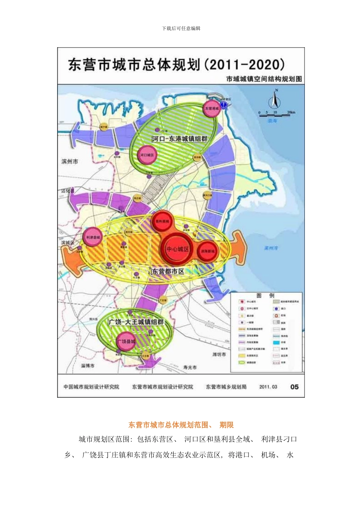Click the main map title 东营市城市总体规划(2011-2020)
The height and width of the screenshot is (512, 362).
(176, 64)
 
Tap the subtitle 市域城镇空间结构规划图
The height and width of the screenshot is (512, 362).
(264, 79)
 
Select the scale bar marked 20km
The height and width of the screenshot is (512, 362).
(277, 113)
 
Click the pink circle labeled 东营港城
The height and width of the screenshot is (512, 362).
(211, 109)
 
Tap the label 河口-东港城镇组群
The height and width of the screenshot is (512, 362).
(179, 139)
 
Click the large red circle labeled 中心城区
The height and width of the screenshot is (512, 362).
(177, 249)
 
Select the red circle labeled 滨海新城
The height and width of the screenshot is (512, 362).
(208, 251)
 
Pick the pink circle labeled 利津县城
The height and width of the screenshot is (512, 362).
(93, 237)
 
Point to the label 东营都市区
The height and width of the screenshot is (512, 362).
(168, 271)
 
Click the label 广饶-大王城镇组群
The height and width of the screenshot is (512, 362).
(136, 322)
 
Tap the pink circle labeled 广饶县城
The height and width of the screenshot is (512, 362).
(126, 341)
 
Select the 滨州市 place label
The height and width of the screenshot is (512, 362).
(70, 162)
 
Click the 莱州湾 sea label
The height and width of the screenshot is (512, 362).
(271, 248)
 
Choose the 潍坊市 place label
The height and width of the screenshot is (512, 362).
(219, 354)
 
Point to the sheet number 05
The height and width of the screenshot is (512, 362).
(294, 387)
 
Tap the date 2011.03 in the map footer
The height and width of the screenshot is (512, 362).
(268, 387)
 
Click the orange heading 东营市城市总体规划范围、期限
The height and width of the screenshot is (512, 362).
(181, 425)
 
